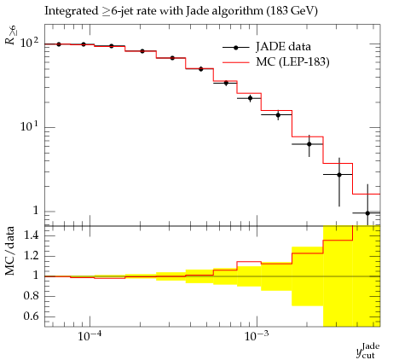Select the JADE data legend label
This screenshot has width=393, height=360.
[x=283, y=47]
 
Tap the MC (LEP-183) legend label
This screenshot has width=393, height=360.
[x=292, y=61]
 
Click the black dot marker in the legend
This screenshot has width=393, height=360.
[x=235, y=48]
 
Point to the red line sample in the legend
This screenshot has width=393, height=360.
[x=236, y=62]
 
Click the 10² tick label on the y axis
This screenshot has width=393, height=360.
[x=29, y=44]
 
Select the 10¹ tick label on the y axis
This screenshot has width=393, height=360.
[x=29, y=126]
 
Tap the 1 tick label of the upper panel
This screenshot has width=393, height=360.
[x=36, y=211]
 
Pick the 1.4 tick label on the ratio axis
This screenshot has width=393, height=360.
[x=31, y=235]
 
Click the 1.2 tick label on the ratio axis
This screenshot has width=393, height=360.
[x=31, y=255]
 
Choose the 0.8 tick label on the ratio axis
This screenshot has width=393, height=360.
[x=31, y=296]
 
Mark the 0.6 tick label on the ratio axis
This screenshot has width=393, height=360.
[x=31, y=316]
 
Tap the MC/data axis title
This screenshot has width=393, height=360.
[x=10, y=251]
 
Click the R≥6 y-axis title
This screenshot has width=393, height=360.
[x=11, y=35]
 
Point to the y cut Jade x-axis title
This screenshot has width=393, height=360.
[x=368, y=351]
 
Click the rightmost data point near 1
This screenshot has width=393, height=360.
[x=367, y=213]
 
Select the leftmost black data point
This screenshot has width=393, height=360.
[x=59, y=44]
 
